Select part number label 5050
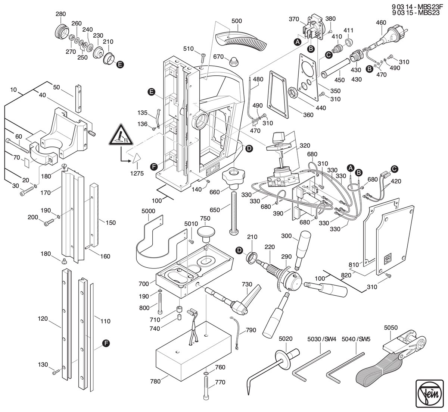391,327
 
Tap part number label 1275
137,173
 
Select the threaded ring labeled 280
62,31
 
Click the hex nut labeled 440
293,92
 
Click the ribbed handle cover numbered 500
241,41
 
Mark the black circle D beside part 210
239,250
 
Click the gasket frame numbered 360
279,94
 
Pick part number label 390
278,214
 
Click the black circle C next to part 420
394,169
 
